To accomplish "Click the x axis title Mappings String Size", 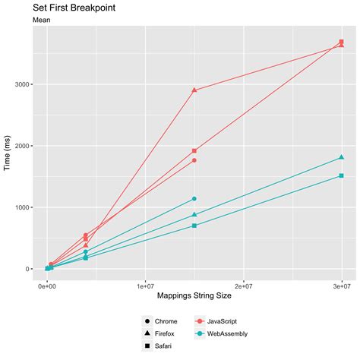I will (x=194, y=295).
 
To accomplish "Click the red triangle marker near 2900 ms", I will (x=194, y=90).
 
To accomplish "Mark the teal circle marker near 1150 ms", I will (x=194, y=199).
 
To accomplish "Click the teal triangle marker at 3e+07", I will (x=342, y=157).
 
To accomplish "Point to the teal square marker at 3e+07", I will (x=342, y=175).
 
